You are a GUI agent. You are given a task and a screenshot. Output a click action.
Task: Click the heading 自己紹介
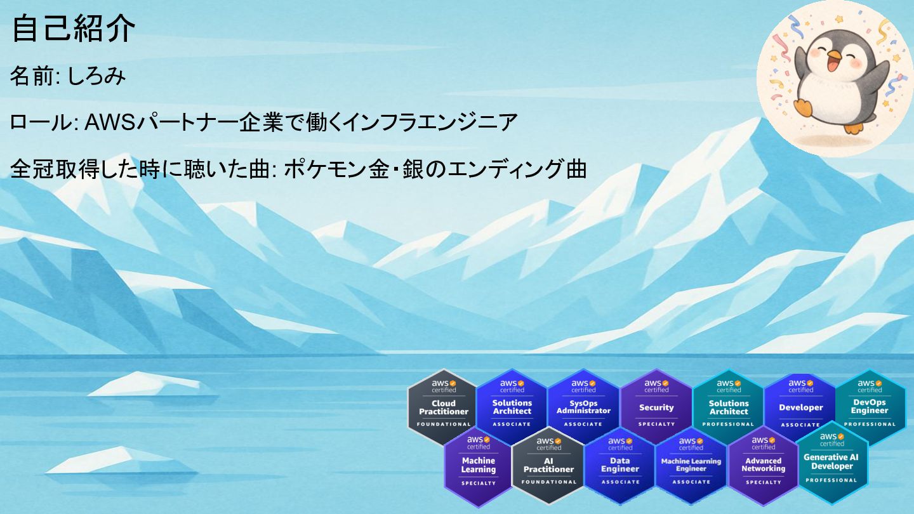(73, 29)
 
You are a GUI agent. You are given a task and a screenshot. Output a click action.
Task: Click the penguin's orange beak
(834, 55)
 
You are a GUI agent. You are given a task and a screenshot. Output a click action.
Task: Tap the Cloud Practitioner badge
(443, 407)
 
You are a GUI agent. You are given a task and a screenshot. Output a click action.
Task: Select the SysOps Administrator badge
(583, 407)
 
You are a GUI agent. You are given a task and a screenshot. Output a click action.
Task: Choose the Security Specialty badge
(656, 407)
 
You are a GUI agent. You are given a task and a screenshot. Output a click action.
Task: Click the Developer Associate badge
(800, 407)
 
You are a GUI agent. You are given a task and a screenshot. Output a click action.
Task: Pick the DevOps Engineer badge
(870, 407)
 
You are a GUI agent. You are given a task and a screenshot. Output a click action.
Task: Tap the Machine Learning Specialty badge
(479, 465)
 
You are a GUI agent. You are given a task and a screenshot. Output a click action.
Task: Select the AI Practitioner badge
(548, 465)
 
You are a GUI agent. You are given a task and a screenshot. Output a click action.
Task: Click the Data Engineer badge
(619, 465)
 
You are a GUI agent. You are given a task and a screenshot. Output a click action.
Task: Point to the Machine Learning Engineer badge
(691, 465)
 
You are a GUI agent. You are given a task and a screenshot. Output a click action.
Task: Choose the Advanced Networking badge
(763, 465)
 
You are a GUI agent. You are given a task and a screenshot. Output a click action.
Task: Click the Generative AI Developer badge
(831, 462)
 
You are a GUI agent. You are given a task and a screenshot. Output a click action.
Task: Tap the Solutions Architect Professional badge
(728, 407)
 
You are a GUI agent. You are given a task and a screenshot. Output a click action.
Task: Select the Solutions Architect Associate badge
(512, 407)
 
